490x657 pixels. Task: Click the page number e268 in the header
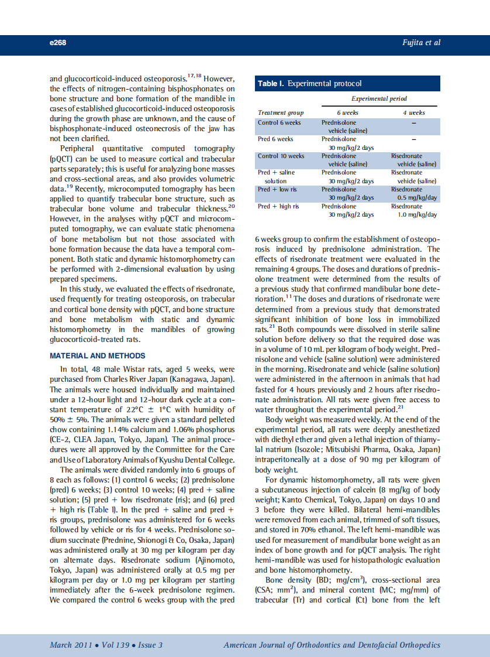coord(58,43)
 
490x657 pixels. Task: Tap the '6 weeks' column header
coord(347,112)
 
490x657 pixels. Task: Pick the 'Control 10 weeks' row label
coord(281,156)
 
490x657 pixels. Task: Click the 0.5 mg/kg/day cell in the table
coord(413,198)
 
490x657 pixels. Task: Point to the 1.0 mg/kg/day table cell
coord(414,215)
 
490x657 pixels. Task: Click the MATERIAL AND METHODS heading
coord(98,356)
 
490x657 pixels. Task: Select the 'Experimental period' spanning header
coord(379,98)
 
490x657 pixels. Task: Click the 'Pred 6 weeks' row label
coord(275,139)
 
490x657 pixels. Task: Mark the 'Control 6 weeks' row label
coord(279,122)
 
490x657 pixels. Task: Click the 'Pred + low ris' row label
coord(277,190)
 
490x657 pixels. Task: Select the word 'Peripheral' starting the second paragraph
coord(79,149)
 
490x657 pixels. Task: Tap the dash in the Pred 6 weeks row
coord(413,139)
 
